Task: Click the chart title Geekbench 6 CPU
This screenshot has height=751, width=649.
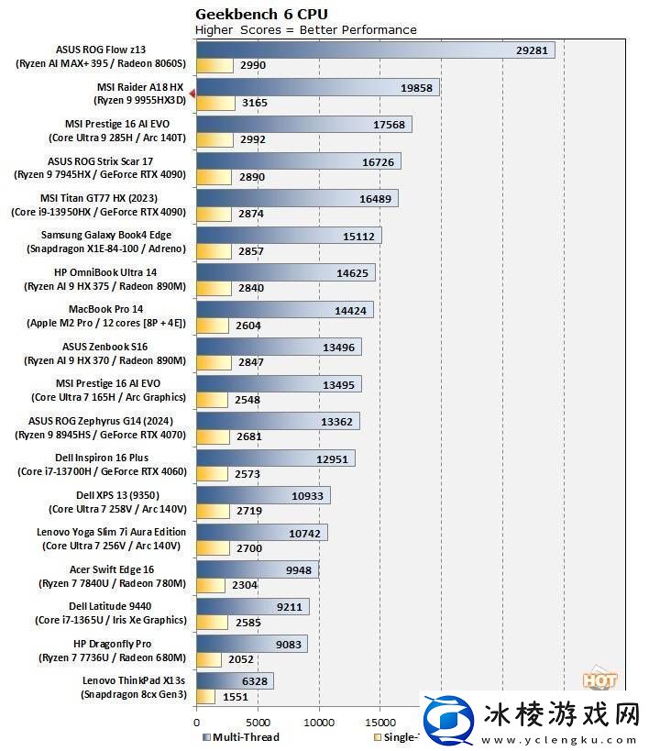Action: click(x=261, y=14)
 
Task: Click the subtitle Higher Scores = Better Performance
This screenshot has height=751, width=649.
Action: click(x=306, y=29)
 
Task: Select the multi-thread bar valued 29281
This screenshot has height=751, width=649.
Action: click(x=375, y=50)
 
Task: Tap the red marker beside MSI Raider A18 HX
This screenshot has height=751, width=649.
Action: click(x=192, y=94)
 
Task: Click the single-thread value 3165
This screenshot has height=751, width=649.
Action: click(x=254, y=103)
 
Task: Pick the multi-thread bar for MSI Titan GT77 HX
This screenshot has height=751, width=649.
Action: click(x=297, y=198)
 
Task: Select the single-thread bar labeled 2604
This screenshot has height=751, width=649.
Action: click(x=213, y=326)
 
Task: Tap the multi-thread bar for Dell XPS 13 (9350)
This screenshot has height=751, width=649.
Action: click(x=263, y=495)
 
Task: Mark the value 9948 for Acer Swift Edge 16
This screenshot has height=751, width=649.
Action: click(x=299, y=569)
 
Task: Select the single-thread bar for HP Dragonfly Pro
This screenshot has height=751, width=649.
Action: click(x=209, y=658)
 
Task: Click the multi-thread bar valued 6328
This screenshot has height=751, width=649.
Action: click(x=235, y=680)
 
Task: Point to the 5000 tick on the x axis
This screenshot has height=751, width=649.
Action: click(x=258, y=721)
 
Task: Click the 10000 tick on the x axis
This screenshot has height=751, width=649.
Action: click(x=319, y=721)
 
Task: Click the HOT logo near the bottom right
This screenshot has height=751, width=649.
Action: click(x=599, y=681)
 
